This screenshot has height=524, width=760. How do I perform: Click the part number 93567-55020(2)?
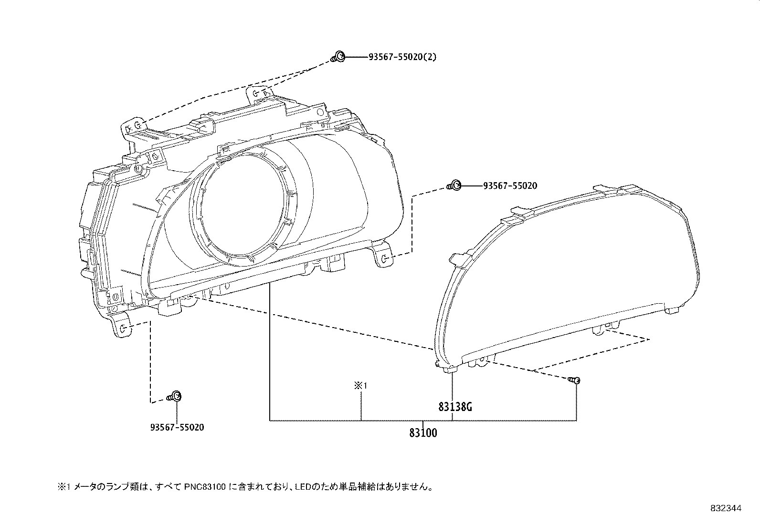pyautogui.click(x=402, y=57)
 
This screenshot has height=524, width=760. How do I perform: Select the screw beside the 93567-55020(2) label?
pyautogui.click(x=338, y=57)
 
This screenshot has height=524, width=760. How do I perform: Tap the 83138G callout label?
pyautogui.click(x=455, y=407)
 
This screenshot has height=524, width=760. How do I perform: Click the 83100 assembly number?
pyautogui.click(x=423, y=433)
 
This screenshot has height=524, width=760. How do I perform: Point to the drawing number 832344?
pyautogui.click(x=726, y=508)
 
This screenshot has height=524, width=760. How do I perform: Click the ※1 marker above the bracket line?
pyautogui.click(x=360, y=385)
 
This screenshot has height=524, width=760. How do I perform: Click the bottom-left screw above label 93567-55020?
pyautogui.click(x=174, y=396)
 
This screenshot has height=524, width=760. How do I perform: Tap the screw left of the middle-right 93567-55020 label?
pyautogui.click(x=454, y=185)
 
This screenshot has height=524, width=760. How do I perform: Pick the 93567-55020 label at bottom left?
pyautogui.click(x=177, y=427)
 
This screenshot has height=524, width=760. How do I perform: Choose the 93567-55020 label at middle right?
pyautogui.click(x=510, y=186)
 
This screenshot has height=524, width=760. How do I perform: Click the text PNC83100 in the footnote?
pyautogui.click(x=205, y=487)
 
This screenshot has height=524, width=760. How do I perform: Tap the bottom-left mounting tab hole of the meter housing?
pyautogui.click(x=124, y=328)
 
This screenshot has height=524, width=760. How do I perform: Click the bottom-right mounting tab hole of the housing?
pyautogui.click(x=384, y=259)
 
